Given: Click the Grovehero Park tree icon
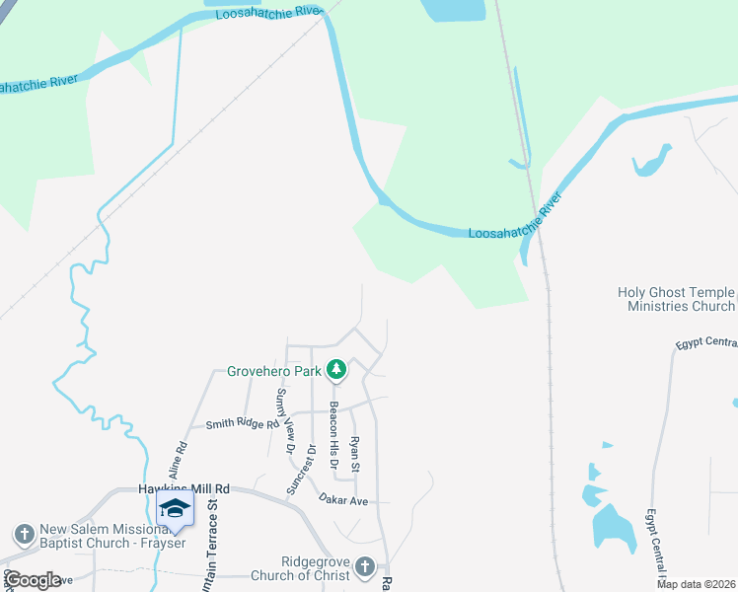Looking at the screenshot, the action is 337,370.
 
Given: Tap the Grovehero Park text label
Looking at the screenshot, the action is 275,372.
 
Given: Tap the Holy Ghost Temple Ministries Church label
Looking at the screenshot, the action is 676,299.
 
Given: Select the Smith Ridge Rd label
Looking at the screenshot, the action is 236,424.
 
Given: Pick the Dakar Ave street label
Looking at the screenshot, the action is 342,501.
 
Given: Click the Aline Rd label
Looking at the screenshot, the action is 181,459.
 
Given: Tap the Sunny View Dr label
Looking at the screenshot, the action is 285,421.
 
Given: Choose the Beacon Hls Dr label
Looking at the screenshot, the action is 334,435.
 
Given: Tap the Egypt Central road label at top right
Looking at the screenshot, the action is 706,344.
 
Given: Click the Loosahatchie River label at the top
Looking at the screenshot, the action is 267,13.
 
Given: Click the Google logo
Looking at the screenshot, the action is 33,580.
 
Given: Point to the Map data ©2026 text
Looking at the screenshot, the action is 696,584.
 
